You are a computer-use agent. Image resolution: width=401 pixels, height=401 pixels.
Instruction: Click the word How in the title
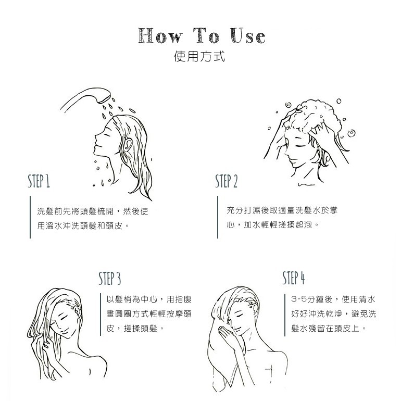[x=160, y=35]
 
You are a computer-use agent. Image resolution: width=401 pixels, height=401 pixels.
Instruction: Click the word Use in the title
[x=247, y=35]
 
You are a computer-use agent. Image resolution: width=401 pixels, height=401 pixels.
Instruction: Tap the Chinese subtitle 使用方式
[x=199, y=56]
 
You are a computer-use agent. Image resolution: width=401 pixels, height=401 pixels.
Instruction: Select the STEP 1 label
[x=39, y=181]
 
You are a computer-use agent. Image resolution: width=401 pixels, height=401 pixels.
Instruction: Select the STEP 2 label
[x=227, y=181]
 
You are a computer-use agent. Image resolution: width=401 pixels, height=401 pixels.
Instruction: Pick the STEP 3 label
[x=109, y=278]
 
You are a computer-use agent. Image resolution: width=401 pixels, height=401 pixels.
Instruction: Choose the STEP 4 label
[x=294, y=278]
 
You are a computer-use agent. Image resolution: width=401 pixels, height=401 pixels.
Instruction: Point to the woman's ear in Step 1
[x=127, y=144]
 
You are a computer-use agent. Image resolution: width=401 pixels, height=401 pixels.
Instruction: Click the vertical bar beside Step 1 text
[x=30, y=217]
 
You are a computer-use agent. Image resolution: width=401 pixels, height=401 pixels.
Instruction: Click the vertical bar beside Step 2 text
[x=218, y=217]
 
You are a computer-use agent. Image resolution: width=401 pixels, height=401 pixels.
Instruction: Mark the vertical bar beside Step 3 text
[x=101, y=315]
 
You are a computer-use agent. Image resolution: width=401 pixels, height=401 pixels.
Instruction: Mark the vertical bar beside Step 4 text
[x=285, y=315]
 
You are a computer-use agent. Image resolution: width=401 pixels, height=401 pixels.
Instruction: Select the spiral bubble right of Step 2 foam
[x=352, y=133]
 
